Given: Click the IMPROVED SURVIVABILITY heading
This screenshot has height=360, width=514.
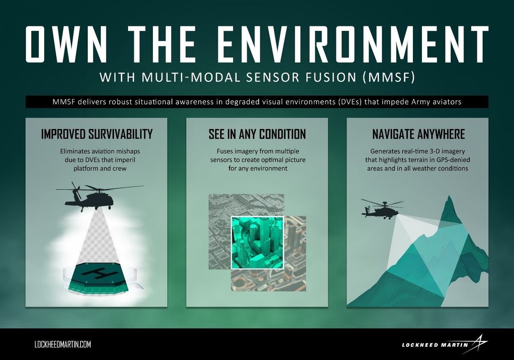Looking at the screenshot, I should coord(97,134).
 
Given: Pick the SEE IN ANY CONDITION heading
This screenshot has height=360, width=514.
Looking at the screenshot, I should coord(257,134).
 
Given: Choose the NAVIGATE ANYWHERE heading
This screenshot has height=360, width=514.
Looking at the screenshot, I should coord(418,134).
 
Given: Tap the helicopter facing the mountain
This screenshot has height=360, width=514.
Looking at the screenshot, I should coord(380,209).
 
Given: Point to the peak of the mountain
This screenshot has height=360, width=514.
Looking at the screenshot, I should coord(448,198).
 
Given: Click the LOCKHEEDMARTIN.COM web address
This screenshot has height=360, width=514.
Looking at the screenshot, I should coord(63,344).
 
